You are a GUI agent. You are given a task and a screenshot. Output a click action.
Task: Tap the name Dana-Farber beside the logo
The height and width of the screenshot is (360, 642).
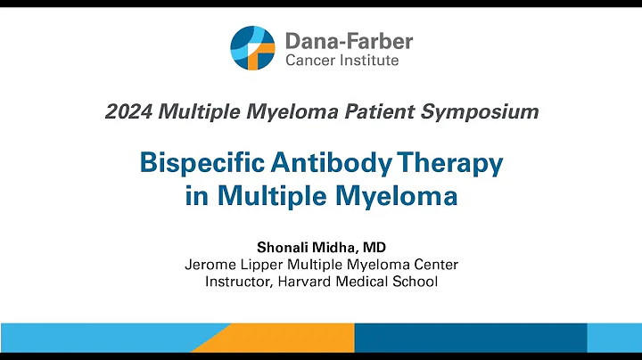click(x=349, y=40)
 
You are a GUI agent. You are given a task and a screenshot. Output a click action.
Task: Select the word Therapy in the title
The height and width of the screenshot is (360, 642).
click(x=454, y=164)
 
